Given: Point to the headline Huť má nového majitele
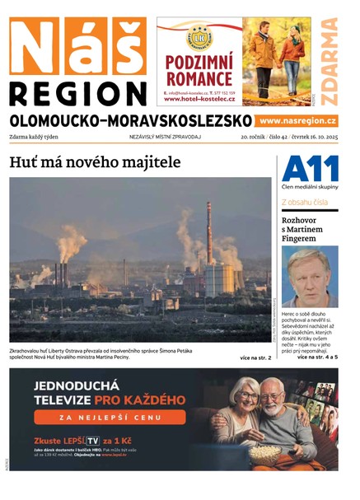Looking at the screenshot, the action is coord(95,162).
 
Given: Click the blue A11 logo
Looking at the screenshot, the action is coord(310,169).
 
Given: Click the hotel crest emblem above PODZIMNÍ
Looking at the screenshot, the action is coord(199,36).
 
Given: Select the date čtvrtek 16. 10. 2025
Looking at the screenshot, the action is coord(311,137).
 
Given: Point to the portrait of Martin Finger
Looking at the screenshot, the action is coord(310,276).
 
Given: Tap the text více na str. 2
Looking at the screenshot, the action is coord(255,357).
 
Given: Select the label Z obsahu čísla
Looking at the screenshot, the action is coord(305,202).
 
